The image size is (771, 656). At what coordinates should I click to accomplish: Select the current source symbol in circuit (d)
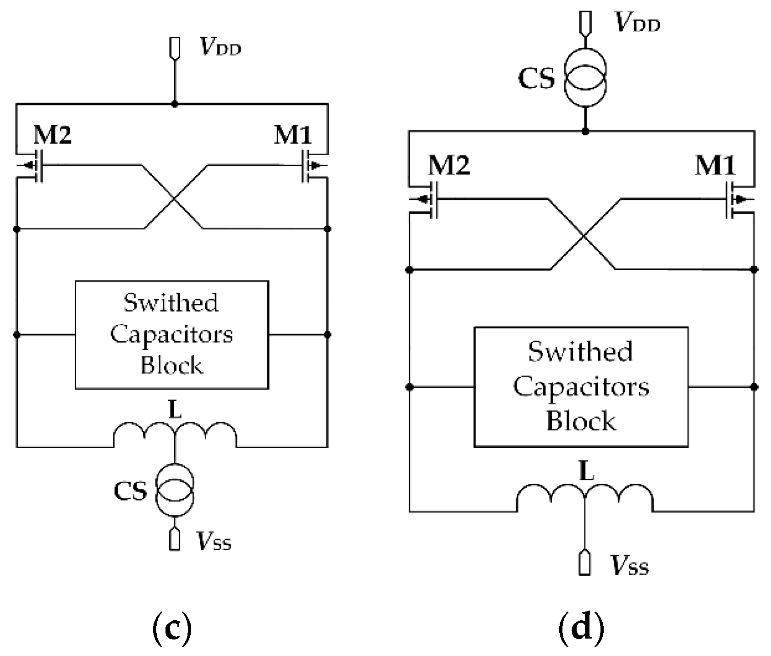coord(585,78)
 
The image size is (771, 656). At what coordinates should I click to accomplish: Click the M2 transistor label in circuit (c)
coord(53,135)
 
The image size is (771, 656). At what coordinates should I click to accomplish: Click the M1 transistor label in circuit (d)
coord(716,165)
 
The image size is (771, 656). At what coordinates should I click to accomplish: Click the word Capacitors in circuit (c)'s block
coord(171,334)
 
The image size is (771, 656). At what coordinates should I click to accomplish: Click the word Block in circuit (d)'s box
coord(581,421)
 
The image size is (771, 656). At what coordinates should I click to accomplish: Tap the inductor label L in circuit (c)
coord(175,411)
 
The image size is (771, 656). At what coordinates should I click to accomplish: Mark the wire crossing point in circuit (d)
coord(583,236)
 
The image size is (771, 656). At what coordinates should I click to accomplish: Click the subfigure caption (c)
coord(171,629)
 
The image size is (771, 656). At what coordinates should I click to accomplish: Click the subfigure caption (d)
coord(581,628)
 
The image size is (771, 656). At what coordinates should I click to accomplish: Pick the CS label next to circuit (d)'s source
coord(536,78)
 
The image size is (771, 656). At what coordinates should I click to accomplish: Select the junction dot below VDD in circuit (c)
coord(175,104)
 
